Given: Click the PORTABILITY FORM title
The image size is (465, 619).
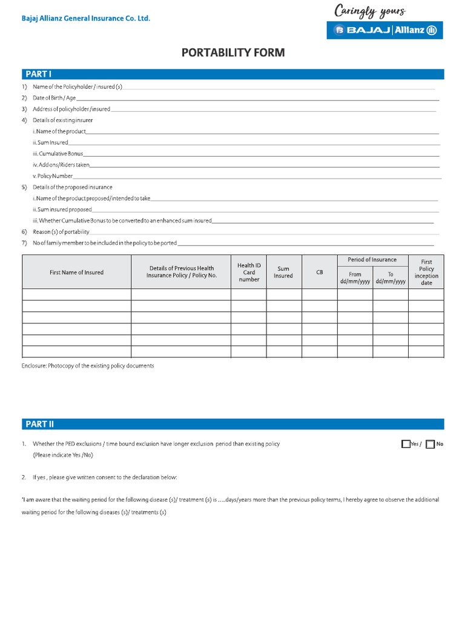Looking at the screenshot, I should (233, 53).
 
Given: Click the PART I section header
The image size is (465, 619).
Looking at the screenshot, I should (38, 74).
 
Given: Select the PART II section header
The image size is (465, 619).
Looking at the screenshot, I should (39, 424).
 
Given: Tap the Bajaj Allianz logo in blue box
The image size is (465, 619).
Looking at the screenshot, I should (385, 30).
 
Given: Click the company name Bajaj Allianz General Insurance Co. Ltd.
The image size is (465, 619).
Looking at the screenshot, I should (86, 19).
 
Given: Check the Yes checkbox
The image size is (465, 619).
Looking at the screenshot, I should (406, 444).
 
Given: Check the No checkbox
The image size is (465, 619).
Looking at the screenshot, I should (430, 444).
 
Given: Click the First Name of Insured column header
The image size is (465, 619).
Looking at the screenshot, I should (76, 273).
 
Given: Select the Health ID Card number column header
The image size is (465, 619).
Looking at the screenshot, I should (249, 272).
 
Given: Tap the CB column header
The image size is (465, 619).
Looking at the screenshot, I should (319, 273).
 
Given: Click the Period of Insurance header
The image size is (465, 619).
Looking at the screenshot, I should (372, 260).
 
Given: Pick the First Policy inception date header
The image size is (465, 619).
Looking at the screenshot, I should (426, 273).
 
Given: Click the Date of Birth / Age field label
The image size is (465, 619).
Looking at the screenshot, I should (54, 98).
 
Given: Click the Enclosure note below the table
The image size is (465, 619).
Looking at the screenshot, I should (88, 366).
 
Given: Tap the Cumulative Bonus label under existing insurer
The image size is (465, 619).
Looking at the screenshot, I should (58, 154).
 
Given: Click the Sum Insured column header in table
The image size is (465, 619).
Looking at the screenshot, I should (283, 273).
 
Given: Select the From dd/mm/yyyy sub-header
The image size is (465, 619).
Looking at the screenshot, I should (355, 278).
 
